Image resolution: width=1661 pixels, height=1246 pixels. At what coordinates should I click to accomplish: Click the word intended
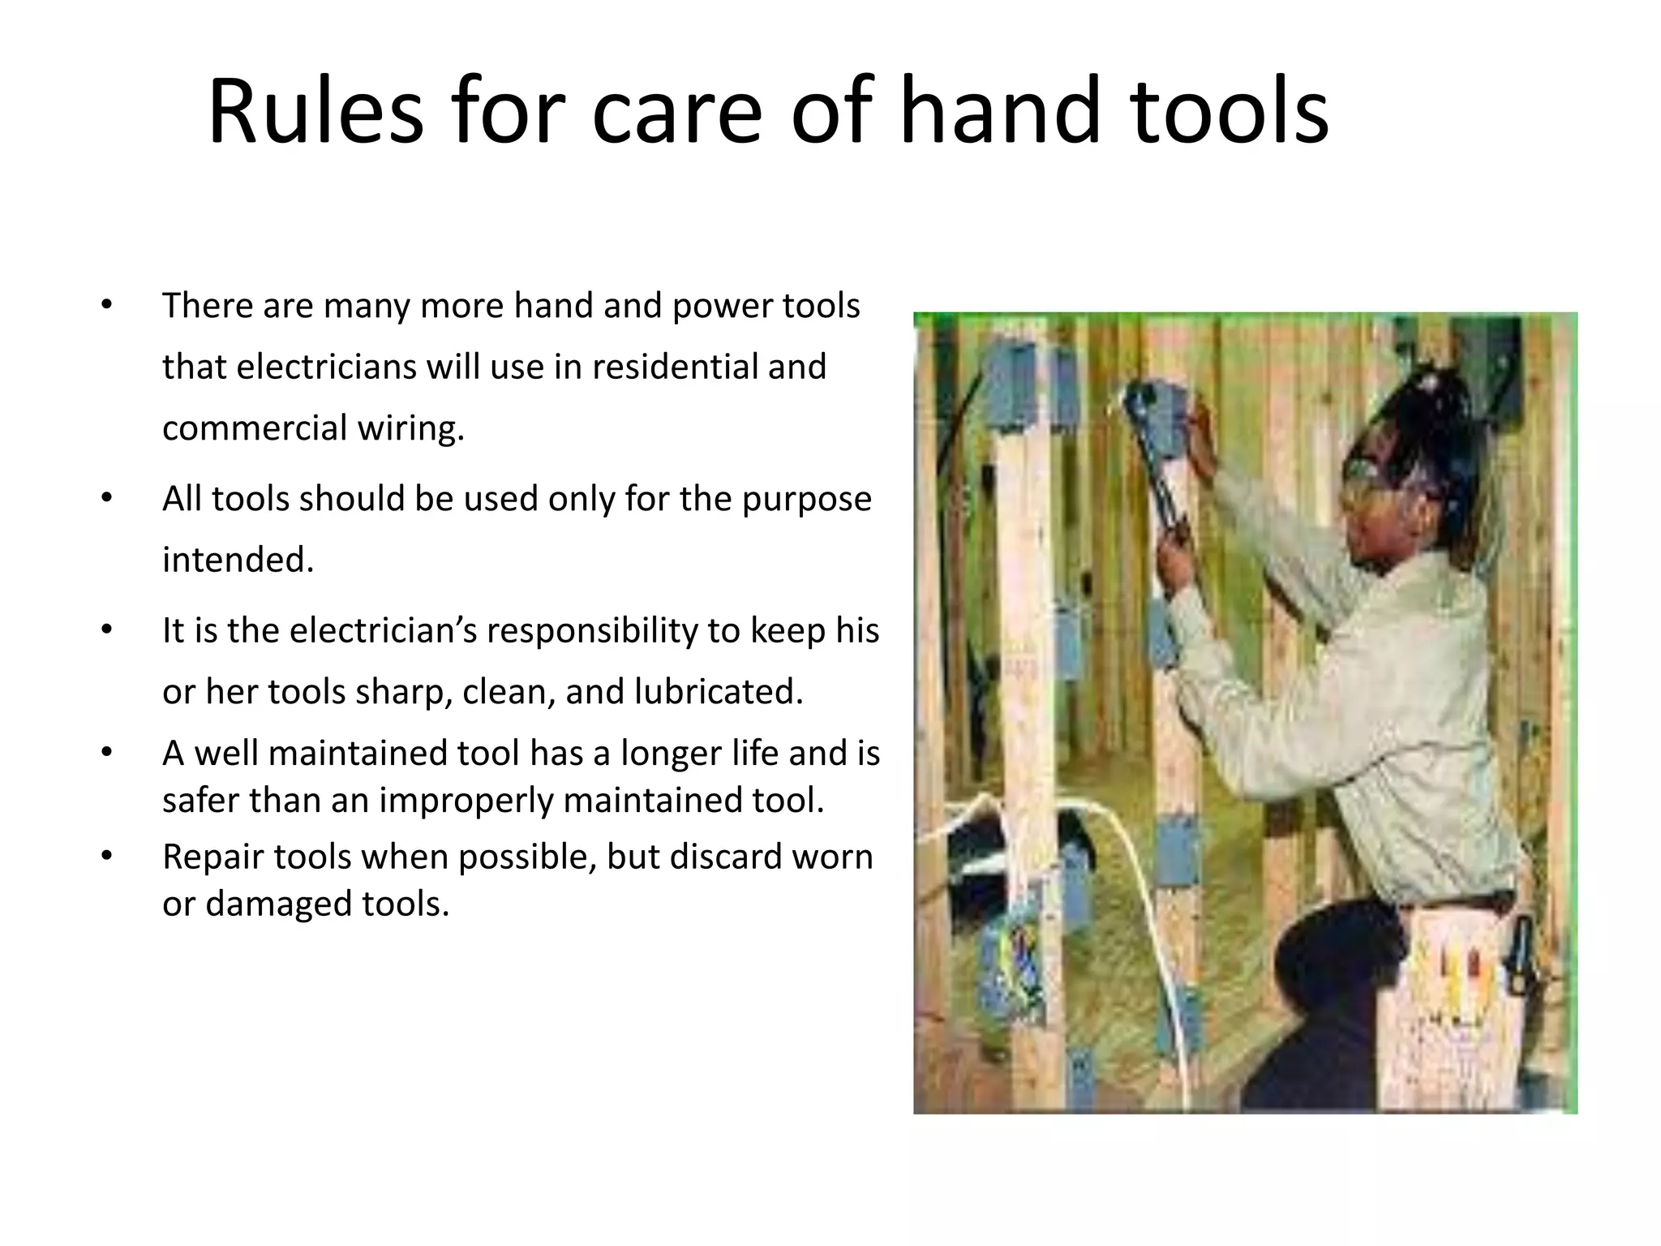pyautogui.click(x=238, y=560)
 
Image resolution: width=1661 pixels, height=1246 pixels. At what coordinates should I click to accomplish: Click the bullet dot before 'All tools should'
pyautogui.click(x=105, y=497)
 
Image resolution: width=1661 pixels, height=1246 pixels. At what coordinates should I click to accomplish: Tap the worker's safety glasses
pyautogui.click(x=1379, y=479)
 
